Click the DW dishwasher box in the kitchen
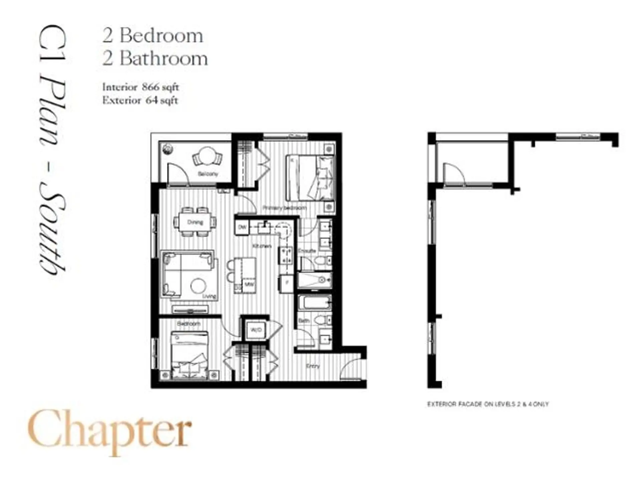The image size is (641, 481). point(242,227)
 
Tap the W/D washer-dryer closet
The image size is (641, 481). point(256,330)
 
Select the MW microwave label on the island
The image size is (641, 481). point(249,285)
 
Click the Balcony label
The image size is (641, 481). point(208,174)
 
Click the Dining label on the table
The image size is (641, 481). point(195,222)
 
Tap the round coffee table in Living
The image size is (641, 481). point(199,286)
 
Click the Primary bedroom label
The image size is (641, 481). point(284,208)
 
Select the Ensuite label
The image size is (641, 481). point(307,251)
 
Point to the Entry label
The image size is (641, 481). point(313,366)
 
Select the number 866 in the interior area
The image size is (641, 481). point(151,87)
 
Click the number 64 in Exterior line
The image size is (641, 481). point(151,100)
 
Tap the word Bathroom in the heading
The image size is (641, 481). point(164,59)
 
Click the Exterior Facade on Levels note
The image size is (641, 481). point(488,404)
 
